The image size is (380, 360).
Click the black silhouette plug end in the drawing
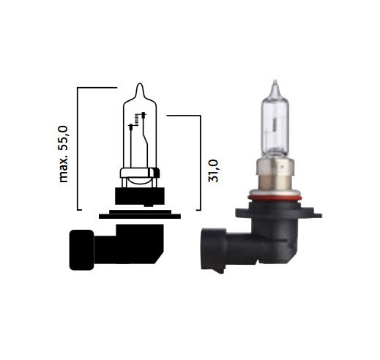[80, 249]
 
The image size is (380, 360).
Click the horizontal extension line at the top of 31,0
[184, 115]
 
